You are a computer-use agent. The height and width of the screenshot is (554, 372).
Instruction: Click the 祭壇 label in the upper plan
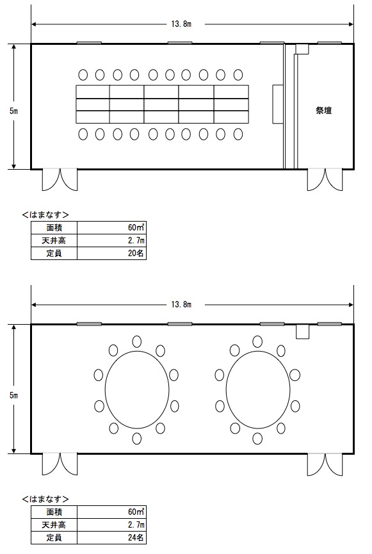tap(323, 111)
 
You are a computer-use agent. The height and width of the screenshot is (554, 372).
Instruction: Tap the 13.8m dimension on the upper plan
tap(181, 24)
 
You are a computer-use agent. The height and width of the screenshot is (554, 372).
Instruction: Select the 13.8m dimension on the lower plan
tap(181, 305)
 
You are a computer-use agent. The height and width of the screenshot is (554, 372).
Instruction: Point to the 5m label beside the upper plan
tap(14, 111)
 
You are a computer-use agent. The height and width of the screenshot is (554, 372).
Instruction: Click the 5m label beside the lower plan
tap(14, 395)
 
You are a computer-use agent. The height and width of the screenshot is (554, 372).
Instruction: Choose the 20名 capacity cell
tap(136, 254)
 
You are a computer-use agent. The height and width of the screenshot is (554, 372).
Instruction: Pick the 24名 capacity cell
tap(136, 538)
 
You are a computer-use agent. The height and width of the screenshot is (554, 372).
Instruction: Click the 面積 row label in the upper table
tap(54, 227)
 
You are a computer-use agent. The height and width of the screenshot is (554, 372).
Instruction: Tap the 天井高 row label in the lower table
tap(54, 525)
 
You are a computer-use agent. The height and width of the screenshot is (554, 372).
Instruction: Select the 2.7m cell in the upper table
tap(136, 241)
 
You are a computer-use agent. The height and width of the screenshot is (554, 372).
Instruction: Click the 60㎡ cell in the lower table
tap(136, 512)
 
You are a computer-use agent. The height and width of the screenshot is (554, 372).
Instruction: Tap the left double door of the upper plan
tap(60, 180)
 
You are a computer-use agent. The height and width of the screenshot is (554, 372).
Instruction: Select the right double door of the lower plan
tap(325, 464)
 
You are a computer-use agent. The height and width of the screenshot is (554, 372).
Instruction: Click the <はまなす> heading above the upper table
tap(45, 215)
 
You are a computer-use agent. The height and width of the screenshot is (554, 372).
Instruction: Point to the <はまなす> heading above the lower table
tap(45, 499)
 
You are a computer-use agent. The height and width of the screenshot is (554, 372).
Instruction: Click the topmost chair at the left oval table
tap(137, 341)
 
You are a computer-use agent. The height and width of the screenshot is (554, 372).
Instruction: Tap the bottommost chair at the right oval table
tap(257, 438)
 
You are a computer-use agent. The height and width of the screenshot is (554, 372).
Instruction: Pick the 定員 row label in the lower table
tap(54, 538)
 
